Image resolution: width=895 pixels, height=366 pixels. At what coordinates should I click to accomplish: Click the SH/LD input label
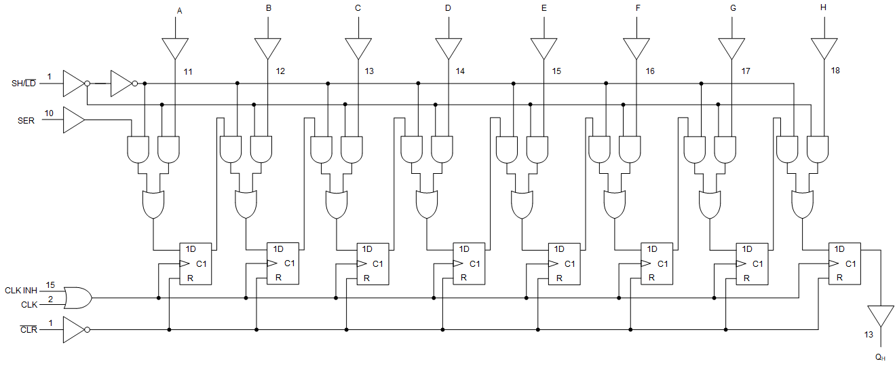tap(23, 84)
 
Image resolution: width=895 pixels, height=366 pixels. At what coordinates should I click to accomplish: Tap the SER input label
tap(25, 121)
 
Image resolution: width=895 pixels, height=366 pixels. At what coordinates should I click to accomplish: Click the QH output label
tap(879, 356)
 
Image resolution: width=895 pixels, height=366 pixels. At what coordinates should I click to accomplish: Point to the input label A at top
tap(179, 11)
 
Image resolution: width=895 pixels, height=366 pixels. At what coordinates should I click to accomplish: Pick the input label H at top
tap(824, 9)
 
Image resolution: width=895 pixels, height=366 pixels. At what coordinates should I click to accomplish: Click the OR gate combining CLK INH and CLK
tap(77, 297)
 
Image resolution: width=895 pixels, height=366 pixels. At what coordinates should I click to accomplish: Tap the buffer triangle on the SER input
tap(73, 121)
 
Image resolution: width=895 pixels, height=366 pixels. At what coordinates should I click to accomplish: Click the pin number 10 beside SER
tap(50, 113)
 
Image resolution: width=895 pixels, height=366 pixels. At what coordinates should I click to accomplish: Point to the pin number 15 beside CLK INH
tap(50, 285)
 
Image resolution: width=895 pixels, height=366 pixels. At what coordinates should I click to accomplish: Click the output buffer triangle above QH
tap(880, 316)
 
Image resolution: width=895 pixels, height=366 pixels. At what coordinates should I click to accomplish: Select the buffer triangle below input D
tap(448, 48)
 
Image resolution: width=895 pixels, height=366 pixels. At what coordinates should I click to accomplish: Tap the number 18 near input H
tap(835, 70)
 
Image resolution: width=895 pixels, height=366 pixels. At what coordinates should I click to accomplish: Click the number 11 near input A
tap(188, 71)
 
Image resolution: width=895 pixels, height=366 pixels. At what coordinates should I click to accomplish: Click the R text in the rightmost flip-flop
tap(839, 277)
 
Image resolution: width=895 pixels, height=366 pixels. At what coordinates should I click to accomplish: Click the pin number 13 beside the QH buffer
tap(869, 335)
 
